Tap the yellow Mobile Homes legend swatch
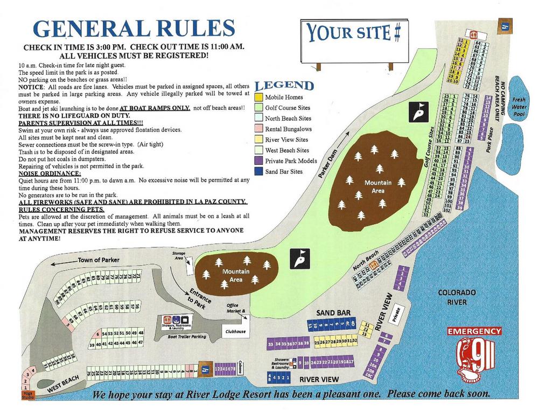[258, 97]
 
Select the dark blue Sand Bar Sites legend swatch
[258, 171]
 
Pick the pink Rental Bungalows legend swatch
[258, 129]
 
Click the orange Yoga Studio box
[28, 395]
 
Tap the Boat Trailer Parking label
[187, 337]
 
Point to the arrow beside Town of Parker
[60, 263]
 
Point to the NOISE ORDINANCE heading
[50, 173]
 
